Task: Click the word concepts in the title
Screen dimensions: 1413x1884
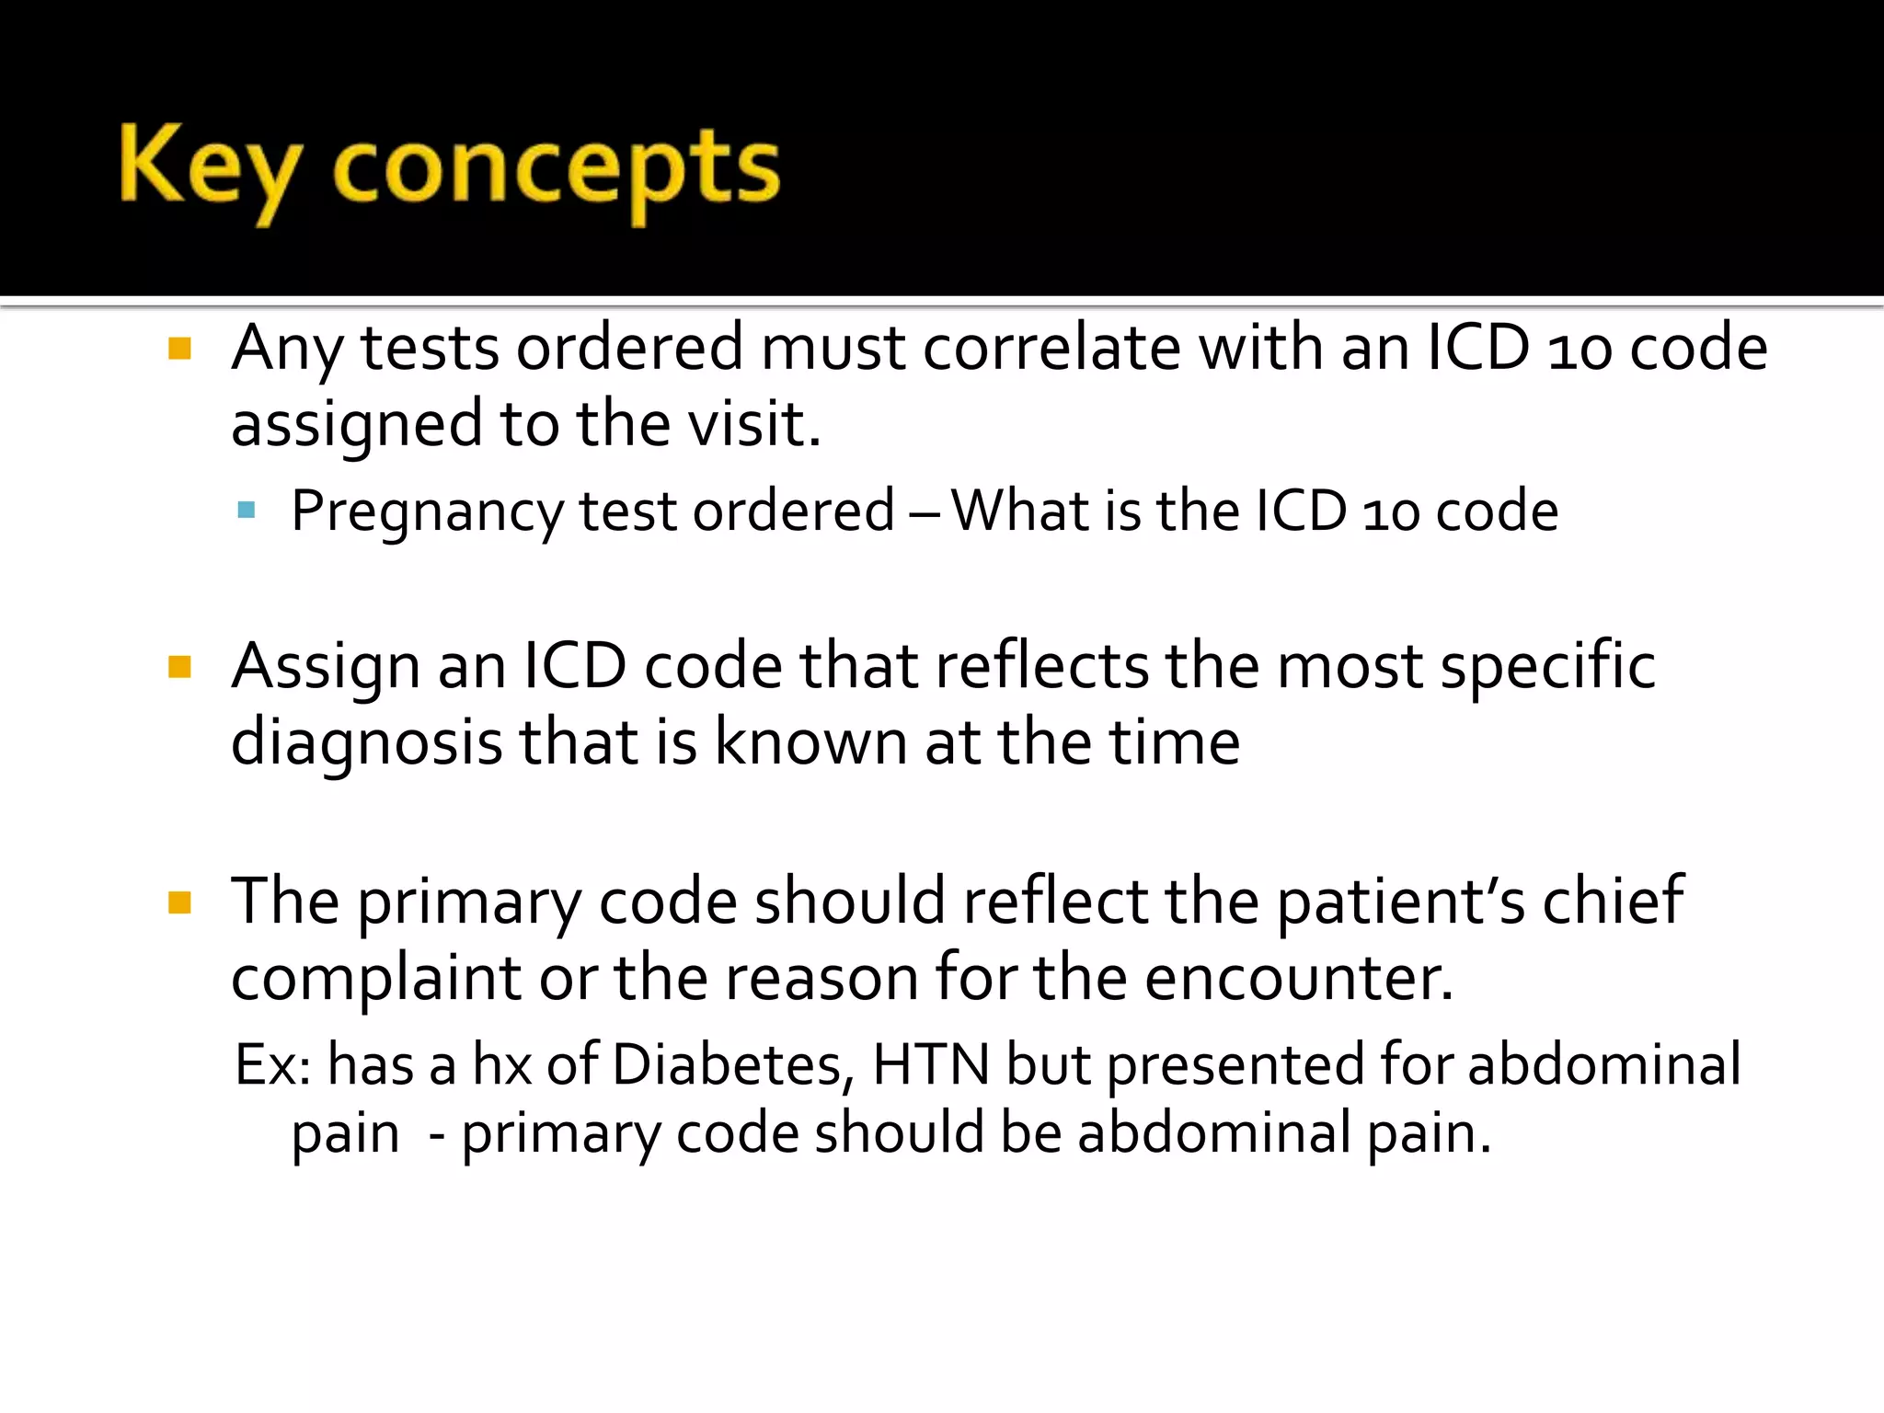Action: (x=556, y=171)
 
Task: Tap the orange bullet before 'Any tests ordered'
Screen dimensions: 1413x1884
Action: (x=179, y=349)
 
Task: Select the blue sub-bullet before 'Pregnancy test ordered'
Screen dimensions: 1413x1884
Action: (x=246, y=510)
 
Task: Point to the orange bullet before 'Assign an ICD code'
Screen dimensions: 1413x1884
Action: (x=179, y=666)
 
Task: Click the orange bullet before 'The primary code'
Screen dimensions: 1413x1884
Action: (x=179, y=902)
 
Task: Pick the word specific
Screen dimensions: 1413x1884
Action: (x=1547, y=665)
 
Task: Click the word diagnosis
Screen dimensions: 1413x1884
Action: (x=366, y=742)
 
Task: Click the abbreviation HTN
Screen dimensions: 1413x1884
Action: (x=930, y=1065)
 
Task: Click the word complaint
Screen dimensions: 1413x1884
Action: (x=375, y=979)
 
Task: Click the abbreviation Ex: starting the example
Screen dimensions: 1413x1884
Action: (x=272, y=1065)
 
